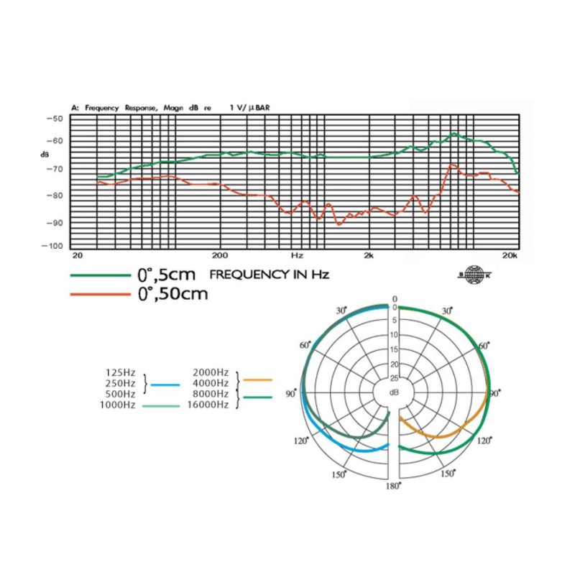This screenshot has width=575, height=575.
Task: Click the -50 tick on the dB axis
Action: [55, 119]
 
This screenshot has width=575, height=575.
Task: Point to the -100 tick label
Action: [52, 246]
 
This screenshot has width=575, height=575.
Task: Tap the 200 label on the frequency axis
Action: [220, 255]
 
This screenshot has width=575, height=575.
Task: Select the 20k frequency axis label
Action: [510, 255]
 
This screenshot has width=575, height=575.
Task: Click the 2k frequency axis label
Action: [369, 255]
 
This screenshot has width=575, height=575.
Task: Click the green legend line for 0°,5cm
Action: [101, 275]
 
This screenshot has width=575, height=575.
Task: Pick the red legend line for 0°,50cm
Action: [101, 294]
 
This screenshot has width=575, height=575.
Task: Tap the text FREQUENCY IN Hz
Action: [270, 275]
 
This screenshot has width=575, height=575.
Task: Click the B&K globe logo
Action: [474, 275]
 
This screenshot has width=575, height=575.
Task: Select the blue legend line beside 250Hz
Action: [165, 385]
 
